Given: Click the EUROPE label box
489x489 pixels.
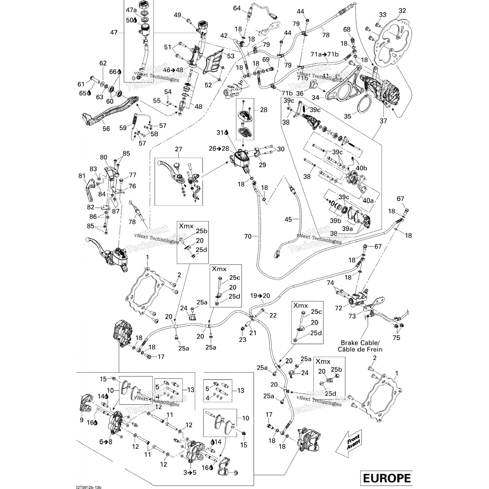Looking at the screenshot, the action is click(x=386, y=478).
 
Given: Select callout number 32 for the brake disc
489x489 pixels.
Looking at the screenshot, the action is click(x=402, y=11).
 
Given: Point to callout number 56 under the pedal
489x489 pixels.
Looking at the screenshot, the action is click(x=106, y=129).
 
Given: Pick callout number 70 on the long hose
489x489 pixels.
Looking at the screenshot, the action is click(x=248, y=236).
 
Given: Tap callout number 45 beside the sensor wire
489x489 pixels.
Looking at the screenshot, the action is click(x=288, y=219).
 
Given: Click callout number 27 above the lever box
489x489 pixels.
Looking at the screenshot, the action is click(x=178, y=149).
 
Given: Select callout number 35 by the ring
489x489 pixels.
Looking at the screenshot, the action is click(x=348, y=116).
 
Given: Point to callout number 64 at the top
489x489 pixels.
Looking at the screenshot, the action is click(x=237, y=8).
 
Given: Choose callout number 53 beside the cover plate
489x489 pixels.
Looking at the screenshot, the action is click(x=231, y=56).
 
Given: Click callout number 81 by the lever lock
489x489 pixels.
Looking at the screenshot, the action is click(x=81, y=176).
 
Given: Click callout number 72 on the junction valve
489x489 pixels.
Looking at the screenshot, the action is click(x=339, y=308).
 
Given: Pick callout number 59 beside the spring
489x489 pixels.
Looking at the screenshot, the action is click(x=123, y=128).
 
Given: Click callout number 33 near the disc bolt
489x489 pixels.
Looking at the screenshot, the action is click(x=382, y=15).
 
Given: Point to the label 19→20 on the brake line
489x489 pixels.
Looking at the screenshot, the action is click(x=260, y=296).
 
